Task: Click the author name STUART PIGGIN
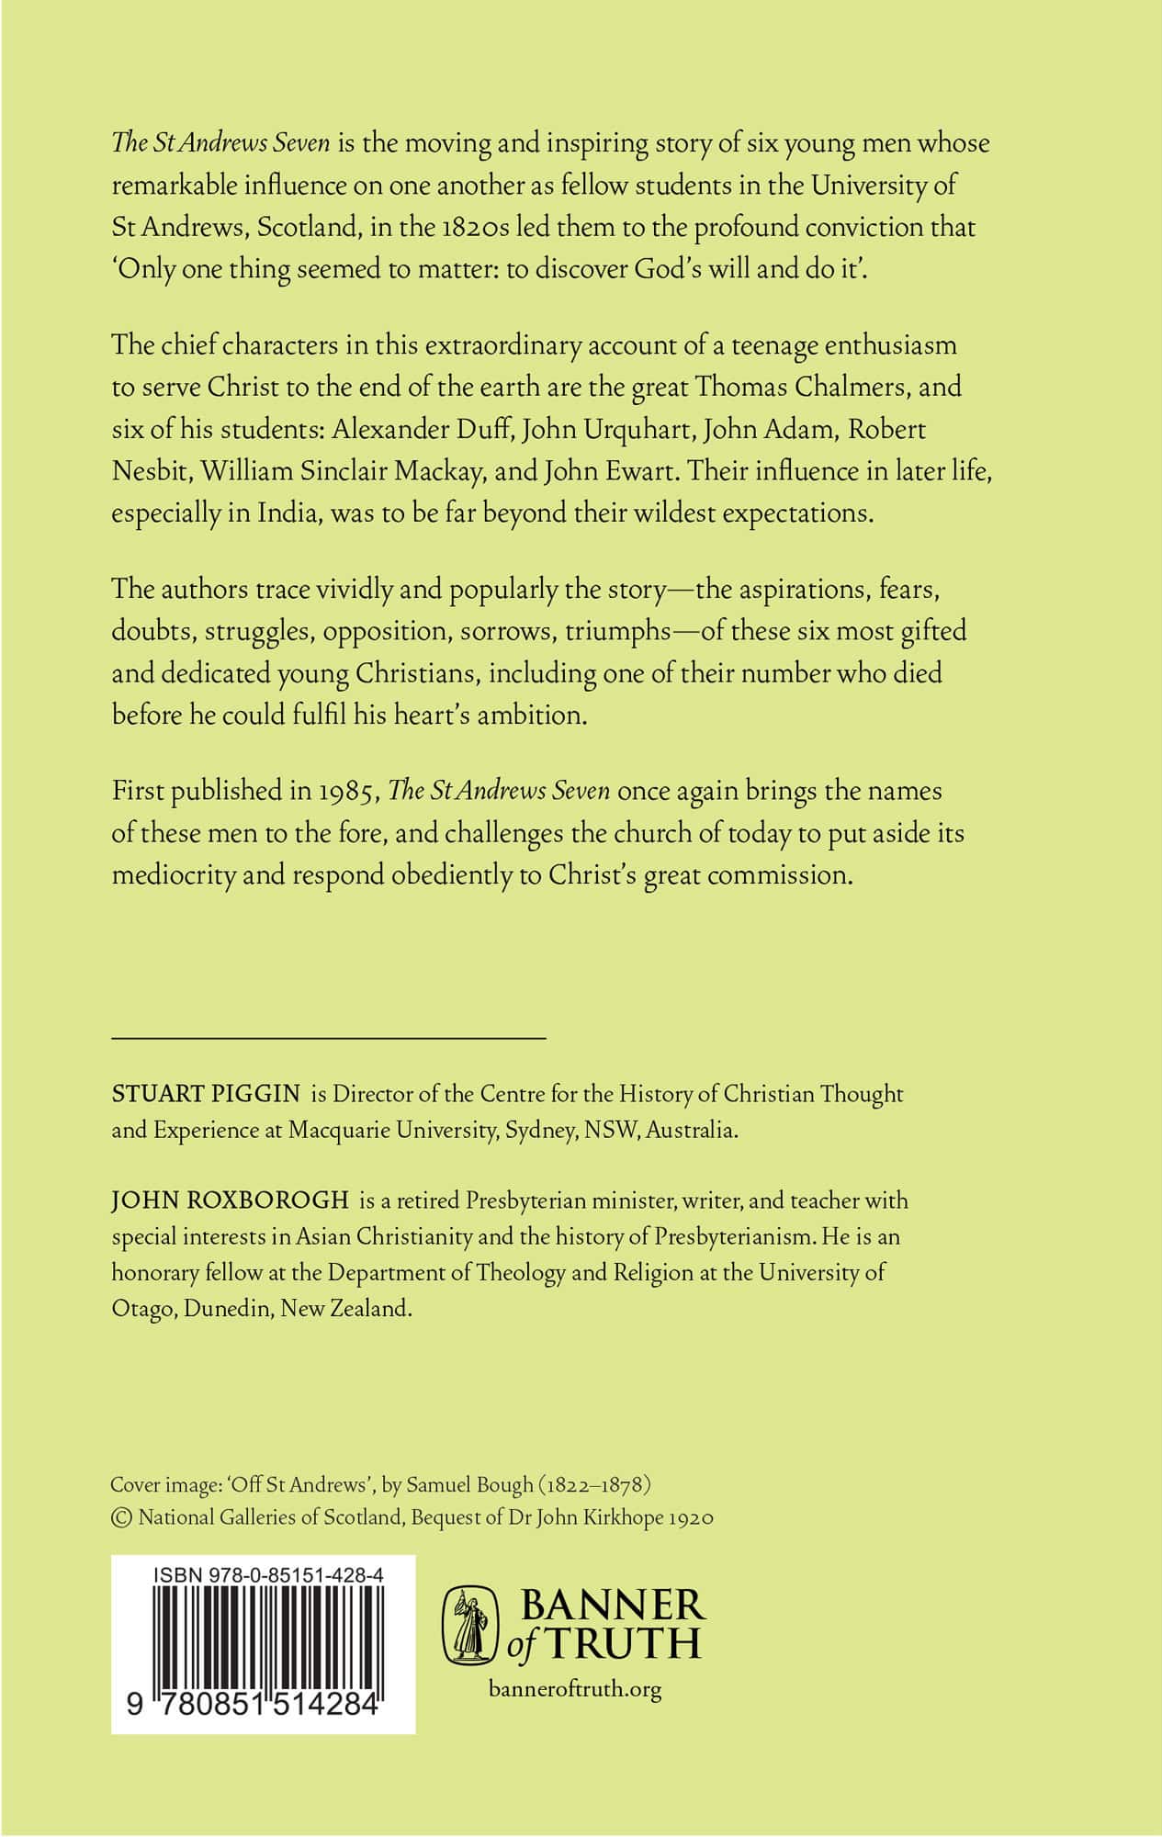click(x=206, y=1094)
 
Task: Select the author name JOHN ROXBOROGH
click(x=230, y=1200)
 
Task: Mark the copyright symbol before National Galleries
click(x=121, y=1518)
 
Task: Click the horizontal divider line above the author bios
click(x=329, y=1038)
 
